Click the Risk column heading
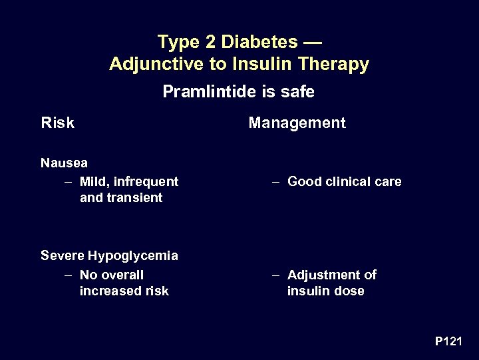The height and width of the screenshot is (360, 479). click(x=57, y=123)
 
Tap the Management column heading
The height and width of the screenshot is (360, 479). click(x=297, y=123)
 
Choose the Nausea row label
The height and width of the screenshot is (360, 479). click(x=64, y=162)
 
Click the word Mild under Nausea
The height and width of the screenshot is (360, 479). click(x=93, y=181)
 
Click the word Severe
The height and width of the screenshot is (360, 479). click(x=62, y=255)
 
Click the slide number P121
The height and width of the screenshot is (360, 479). click(x=448, y=341)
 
